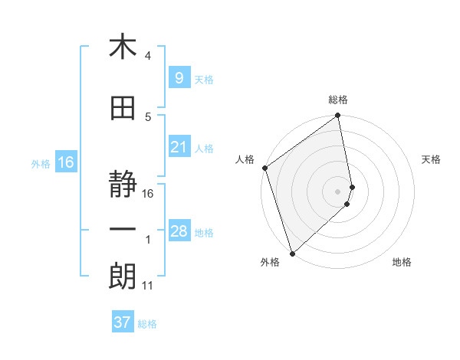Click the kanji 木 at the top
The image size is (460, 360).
[x=123, y=47]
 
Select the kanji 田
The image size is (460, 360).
[x=123, y=109]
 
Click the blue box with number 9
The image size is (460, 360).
[x=178, y=77]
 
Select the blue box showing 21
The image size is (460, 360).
[x=179, y=147]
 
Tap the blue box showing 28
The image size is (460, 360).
[x=179, y=231]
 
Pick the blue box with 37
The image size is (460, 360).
[x=122, y=322]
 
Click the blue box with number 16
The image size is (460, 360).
[x=65, y=162]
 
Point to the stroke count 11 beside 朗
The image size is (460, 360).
[x=147, y=286]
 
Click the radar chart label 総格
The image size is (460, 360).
[x=338, y=100]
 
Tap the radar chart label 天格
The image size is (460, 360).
[x=432, y=159]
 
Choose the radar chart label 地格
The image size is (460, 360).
[x=402, y=262]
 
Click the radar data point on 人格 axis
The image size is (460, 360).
[x=264, y=168]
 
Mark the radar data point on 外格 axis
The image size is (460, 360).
[x=292, y=253]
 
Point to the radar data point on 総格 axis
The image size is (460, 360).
[x=338, y=116]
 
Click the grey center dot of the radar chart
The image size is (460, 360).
[x=338, y=191]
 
